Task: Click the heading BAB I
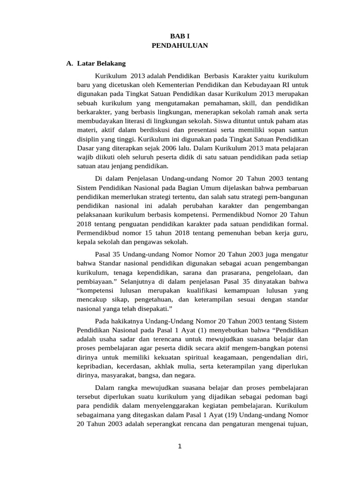click(180, 36)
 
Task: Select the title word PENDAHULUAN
click(180, 45)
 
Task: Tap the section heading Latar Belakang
click(101, 63)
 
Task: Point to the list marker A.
click(70, 63)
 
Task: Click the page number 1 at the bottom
click(180, 446)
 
